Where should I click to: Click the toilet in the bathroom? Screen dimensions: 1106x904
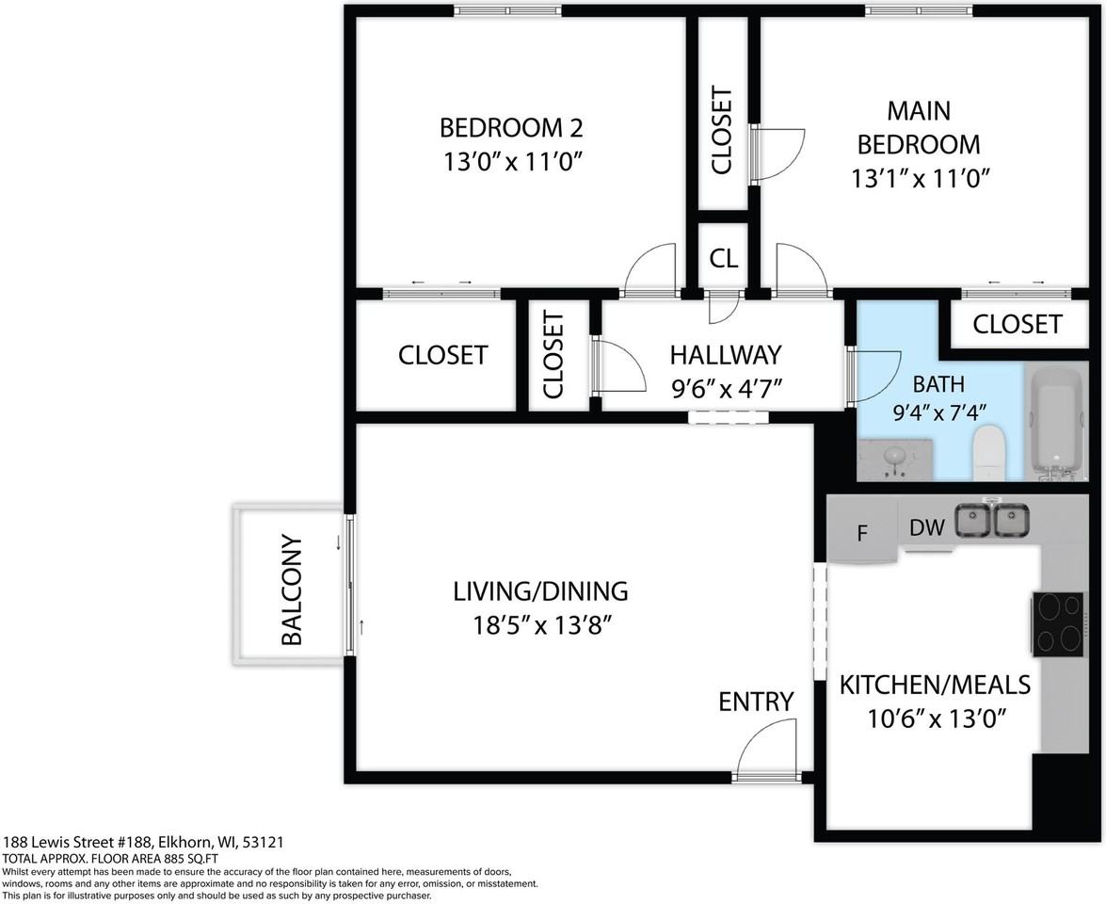(987, 452)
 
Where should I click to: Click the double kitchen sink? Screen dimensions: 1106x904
(992, 520)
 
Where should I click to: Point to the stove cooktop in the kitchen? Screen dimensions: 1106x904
(1058, 623)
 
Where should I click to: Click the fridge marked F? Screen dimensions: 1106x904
(862, 531)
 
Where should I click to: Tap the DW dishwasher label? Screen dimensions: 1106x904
(926, 527)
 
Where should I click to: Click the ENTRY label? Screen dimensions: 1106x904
(756, 702)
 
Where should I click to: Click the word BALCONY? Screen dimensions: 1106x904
(291, 590)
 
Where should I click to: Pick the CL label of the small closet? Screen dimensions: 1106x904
(724, 259)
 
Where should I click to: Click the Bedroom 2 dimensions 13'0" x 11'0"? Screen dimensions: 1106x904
(512, 162)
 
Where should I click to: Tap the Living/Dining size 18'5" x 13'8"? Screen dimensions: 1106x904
(541, 625)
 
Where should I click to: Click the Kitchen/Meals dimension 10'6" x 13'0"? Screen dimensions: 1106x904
(936, 719)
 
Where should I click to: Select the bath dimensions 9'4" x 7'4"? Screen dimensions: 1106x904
(938, 412)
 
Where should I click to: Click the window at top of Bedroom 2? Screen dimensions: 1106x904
(507, 9)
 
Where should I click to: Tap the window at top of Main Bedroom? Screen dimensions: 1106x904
(919, 9)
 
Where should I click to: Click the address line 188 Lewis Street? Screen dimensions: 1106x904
(144, 842)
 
